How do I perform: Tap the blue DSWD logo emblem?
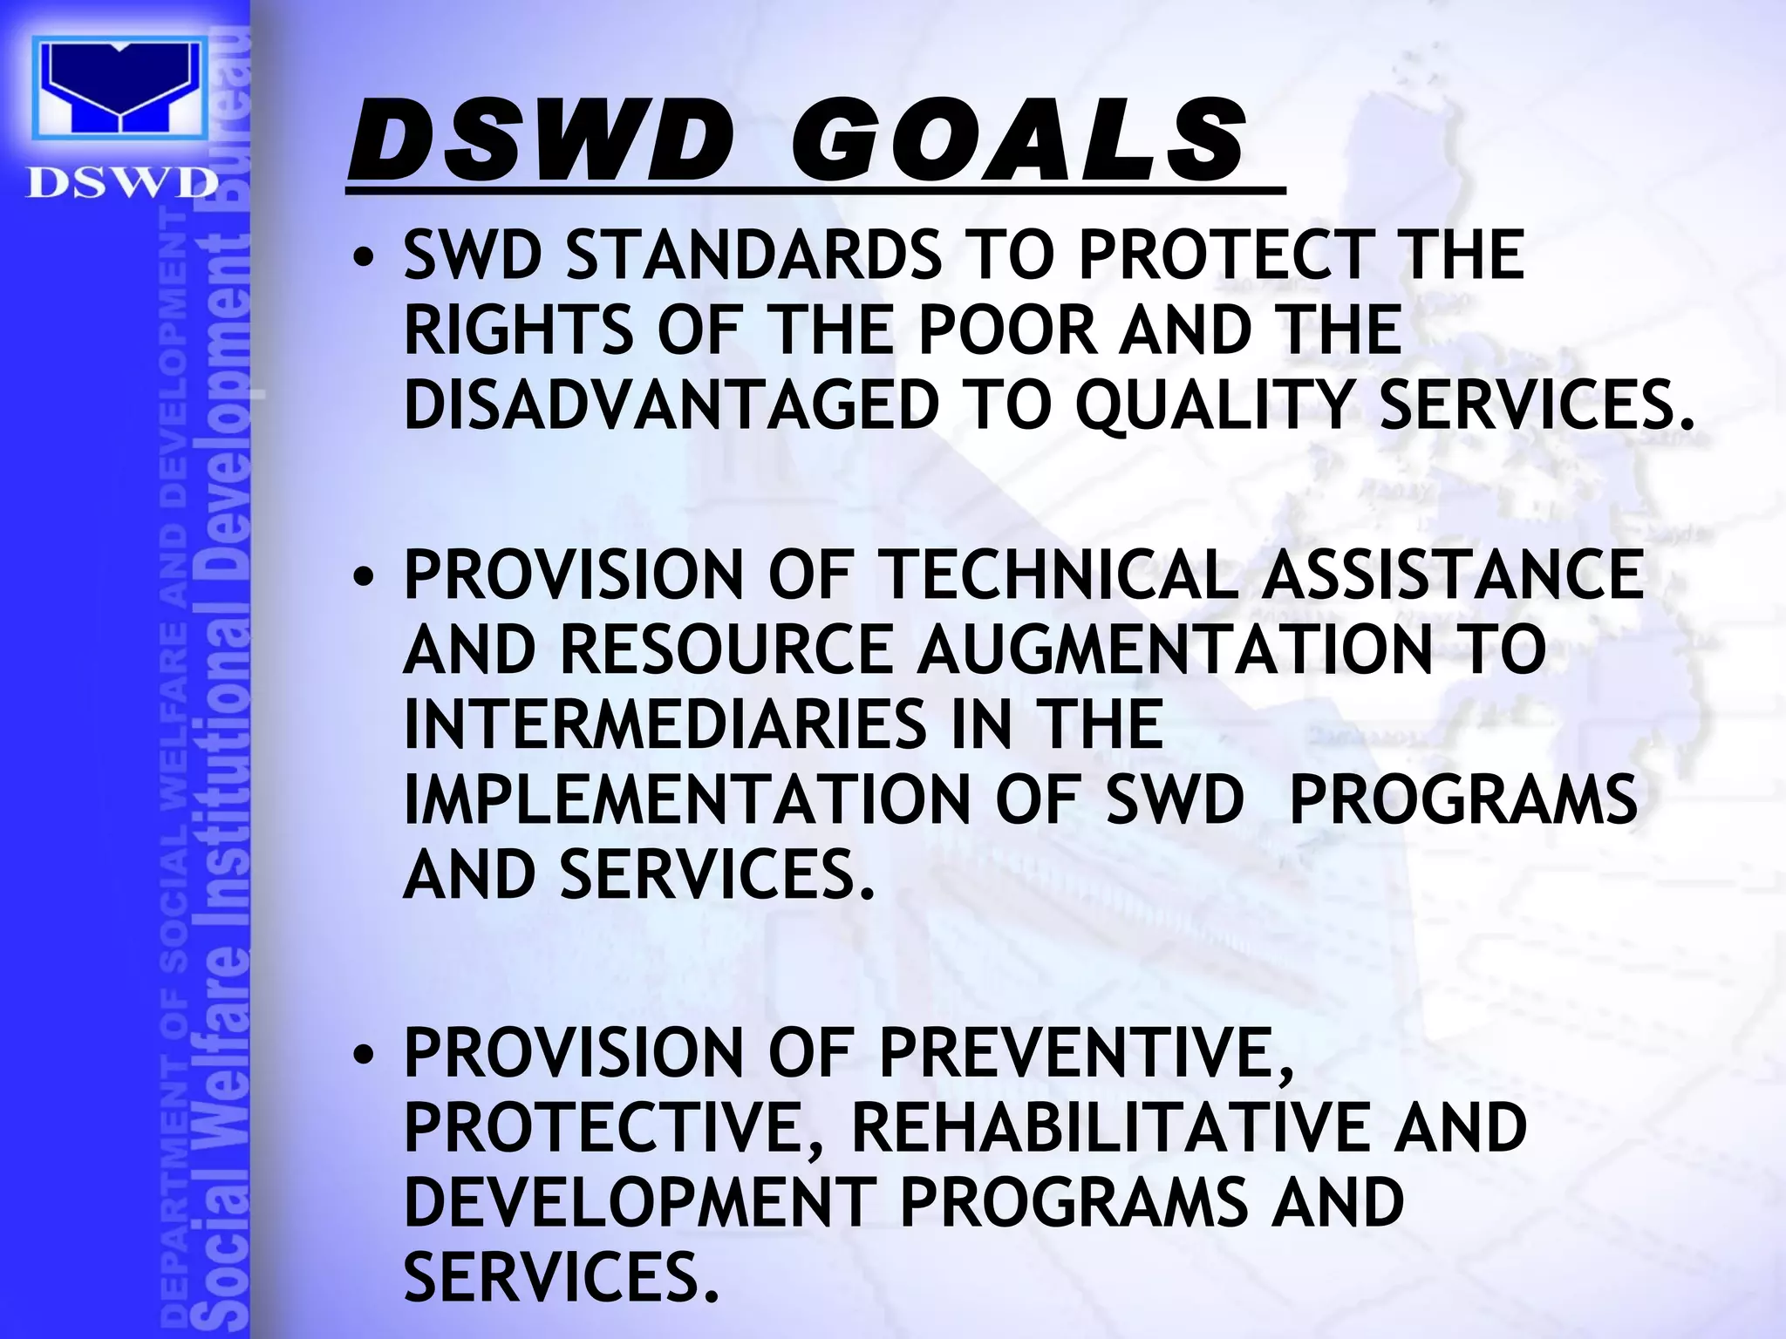pyautogui.click(x=119, y=87)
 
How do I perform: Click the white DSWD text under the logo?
pyautogui.click(x=121, y=182)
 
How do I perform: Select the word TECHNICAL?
pyautogui.click(x=1060, y=574)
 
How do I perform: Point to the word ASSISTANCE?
pyautogui.click(x=1452, y=574)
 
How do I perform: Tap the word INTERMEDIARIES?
pyautogui.click(x=665, y=724)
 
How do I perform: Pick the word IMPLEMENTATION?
pyautogui.click(x=687, y=799)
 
